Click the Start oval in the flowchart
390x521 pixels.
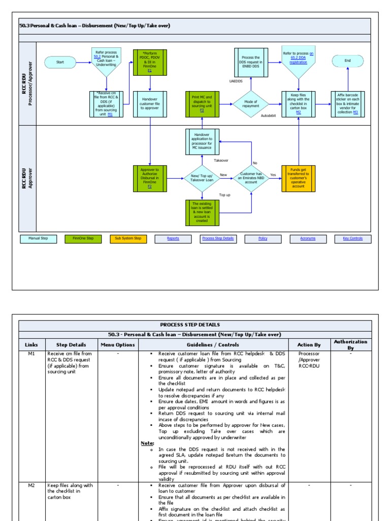(x=60, y=62)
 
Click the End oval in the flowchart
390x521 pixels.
(x=348, y=61)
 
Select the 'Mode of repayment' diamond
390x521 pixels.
(x=250, y=104)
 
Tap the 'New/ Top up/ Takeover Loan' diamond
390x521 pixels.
(x=202, y=178)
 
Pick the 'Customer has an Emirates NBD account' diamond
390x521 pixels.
(x=252, y=178)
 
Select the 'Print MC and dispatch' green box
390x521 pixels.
(x=202, y=104)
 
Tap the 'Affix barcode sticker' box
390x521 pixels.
(x=348, y=104)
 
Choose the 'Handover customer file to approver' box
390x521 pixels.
(x=150, y=104)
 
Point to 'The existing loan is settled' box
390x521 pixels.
(x=202, y=213)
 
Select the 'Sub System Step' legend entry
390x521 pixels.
(x=127, y=239)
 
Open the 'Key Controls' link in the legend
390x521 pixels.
(x=353, y=239)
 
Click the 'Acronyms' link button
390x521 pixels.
(x=308, y=239)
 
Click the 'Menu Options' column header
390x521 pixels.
(x=118, y=345)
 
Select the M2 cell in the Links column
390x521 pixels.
(x=32, y=485)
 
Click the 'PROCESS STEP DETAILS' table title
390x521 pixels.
(x=195, y=325)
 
